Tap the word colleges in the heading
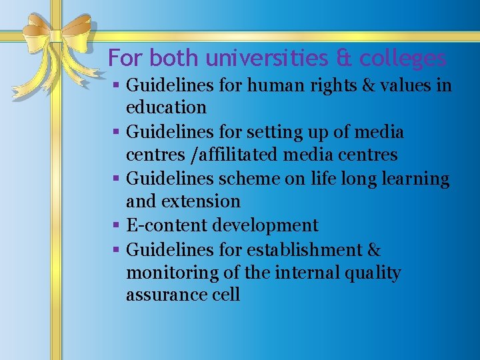pyautogui.click(x=403, y=59)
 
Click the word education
pyautogui.click(x=166, y=107)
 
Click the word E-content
pyautogui.click(x=167, y=225)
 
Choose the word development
pyautogui.click(x=265, y=226)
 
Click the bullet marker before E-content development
pyautogui.click(x=115, y=226)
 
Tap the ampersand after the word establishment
pyautogui.click(x=373, y=250)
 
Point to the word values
pyautogui.click(x=406, y=85)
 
